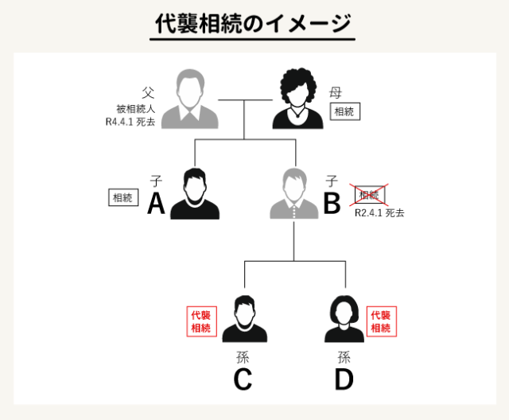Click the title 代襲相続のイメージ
coord(252,23)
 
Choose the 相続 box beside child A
coord(123,196)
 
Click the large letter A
coord(156,205)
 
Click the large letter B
coord(332,205)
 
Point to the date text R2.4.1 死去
coord(379,213)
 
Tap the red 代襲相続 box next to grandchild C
coord(200,321)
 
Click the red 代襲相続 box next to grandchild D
coord(382,321)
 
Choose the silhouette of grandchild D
coord(344,317)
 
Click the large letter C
coord(243,380)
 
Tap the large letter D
coord(344,380)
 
